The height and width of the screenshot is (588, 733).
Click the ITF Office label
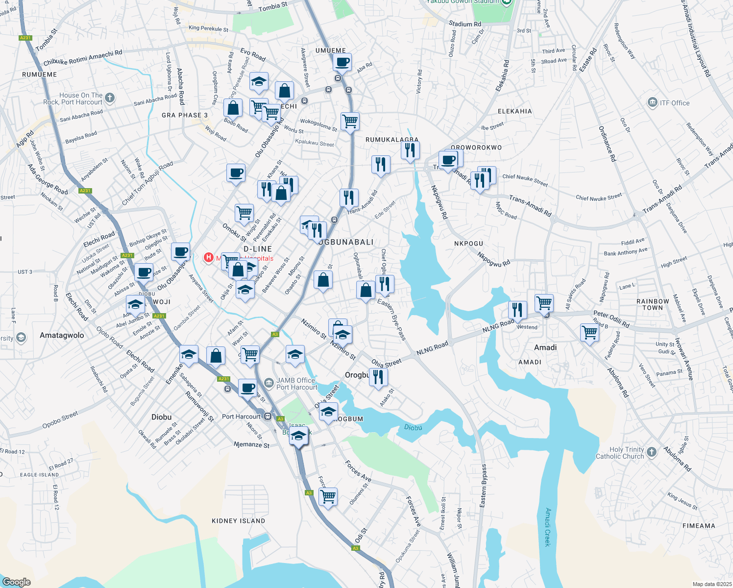coord(674,103)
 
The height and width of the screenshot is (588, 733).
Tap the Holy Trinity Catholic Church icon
coord(651,452)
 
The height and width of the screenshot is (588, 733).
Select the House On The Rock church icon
coord(109,98)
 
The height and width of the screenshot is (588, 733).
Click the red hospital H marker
coord(208,257)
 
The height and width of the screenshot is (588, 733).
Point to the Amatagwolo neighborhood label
coord(62,336)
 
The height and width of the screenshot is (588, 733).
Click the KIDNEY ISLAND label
coord(238,521)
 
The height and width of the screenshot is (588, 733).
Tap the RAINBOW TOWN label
coord(653,305)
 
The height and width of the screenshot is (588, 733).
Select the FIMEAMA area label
coord(699,526)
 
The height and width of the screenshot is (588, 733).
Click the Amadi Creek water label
coord(548,527)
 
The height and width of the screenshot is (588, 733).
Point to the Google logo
coord(16,582)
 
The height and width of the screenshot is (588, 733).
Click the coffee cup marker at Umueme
coord(342,62)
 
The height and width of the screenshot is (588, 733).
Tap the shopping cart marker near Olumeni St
coord(328,496)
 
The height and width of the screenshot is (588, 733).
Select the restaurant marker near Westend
coord(517,310)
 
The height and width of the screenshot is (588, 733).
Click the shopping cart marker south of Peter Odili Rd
coord(589,332)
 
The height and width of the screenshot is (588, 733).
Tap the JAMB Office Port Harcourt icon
coord(269,383)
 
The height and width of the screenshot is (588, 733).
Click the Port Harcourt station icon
coord(268,416)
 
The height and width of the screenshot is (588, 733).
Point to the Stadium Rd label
coord(465,24)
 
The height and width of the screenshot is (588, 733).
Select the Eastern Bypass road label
coord(484,486)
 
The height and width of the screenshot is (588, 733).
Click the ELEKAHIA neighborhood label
coord(514,111)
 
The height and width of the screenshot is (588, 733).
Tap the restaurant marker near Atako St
coord(378,377)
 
